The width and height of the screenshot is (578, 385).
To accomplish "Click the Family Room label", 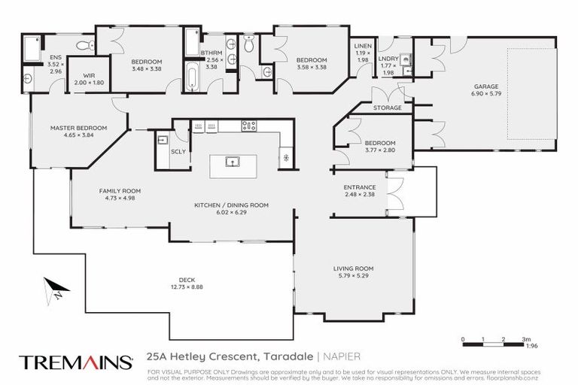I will click(120, 191).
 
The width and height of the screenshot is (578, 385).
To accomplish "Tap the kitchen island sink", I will click(233, 161).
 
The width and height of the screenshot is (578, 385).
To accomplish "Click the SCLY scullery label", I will click(178, 151).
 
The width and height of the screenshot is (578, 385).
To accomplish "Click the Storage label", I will click(387, 108).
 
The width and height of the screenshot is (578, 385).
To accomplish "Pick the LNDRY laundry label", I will click(388, 58).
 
